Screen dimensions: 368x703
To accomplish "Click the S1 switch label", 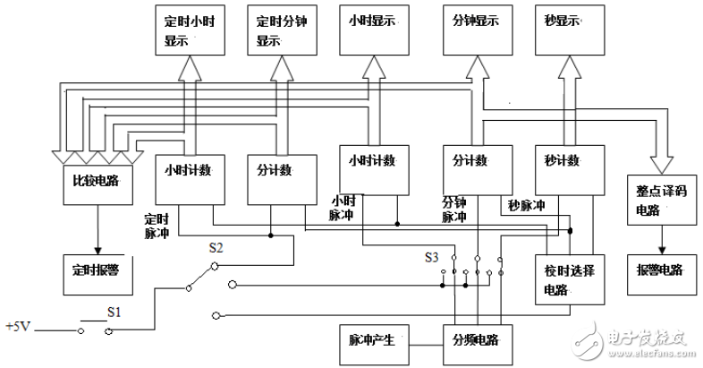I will tap(113, 313).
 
